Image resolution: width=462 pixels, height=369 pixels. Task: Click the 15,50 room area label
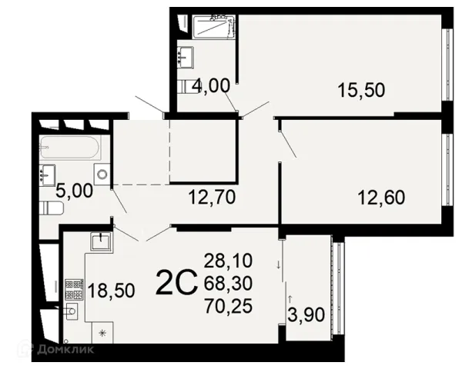pos(361,90)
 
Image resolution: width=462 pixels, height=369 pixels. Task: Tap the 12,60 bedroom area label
pos(381,198)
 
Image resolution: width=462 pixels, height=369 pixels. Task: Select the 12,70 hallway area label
pos(212,197)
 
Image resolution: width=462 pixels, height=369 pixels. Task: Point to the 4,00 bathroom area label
pos(211,87)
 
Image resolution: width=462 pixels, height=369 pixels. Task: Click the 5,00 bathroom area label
pos(75,191)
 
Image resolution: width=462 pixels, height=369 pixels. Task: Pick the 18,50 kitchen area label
pos(112,291)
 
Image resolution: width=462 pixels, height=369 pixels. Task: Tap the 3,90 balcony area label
pos(306,314)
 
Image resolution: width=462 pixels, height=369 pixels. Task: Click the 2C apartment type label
pos(176,282)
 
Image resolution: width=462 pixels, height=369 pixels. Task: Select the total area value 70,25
pos(229,306)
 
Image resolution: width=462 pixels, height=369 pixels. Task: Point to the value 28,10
pos(229,261)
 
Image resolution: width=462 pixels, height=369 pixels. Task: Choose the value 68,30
pos(229,284)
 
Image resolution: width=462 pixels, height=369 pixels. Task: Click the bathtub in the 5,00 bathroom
pos(70,147)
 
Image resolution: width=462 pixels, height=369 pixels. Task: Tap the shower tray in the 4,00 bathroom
pos(214,27)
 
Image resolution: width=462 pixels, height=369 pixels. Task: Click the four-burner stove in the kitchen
pos(74,289)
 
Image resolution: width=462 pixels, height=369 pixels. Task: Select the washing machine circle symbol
pos(102,175)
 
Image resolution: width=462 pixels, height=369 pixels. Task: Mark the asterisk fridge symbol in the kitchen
pos(102,333)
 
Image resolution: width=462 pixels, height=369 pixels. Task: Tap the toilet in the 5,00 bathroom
pos(52,208)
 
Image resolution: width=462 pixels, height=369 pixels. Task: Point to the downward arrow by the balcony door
pos(278,264)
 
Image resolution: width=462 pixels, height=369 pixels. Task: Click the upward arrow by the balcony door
pos(290,299)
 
